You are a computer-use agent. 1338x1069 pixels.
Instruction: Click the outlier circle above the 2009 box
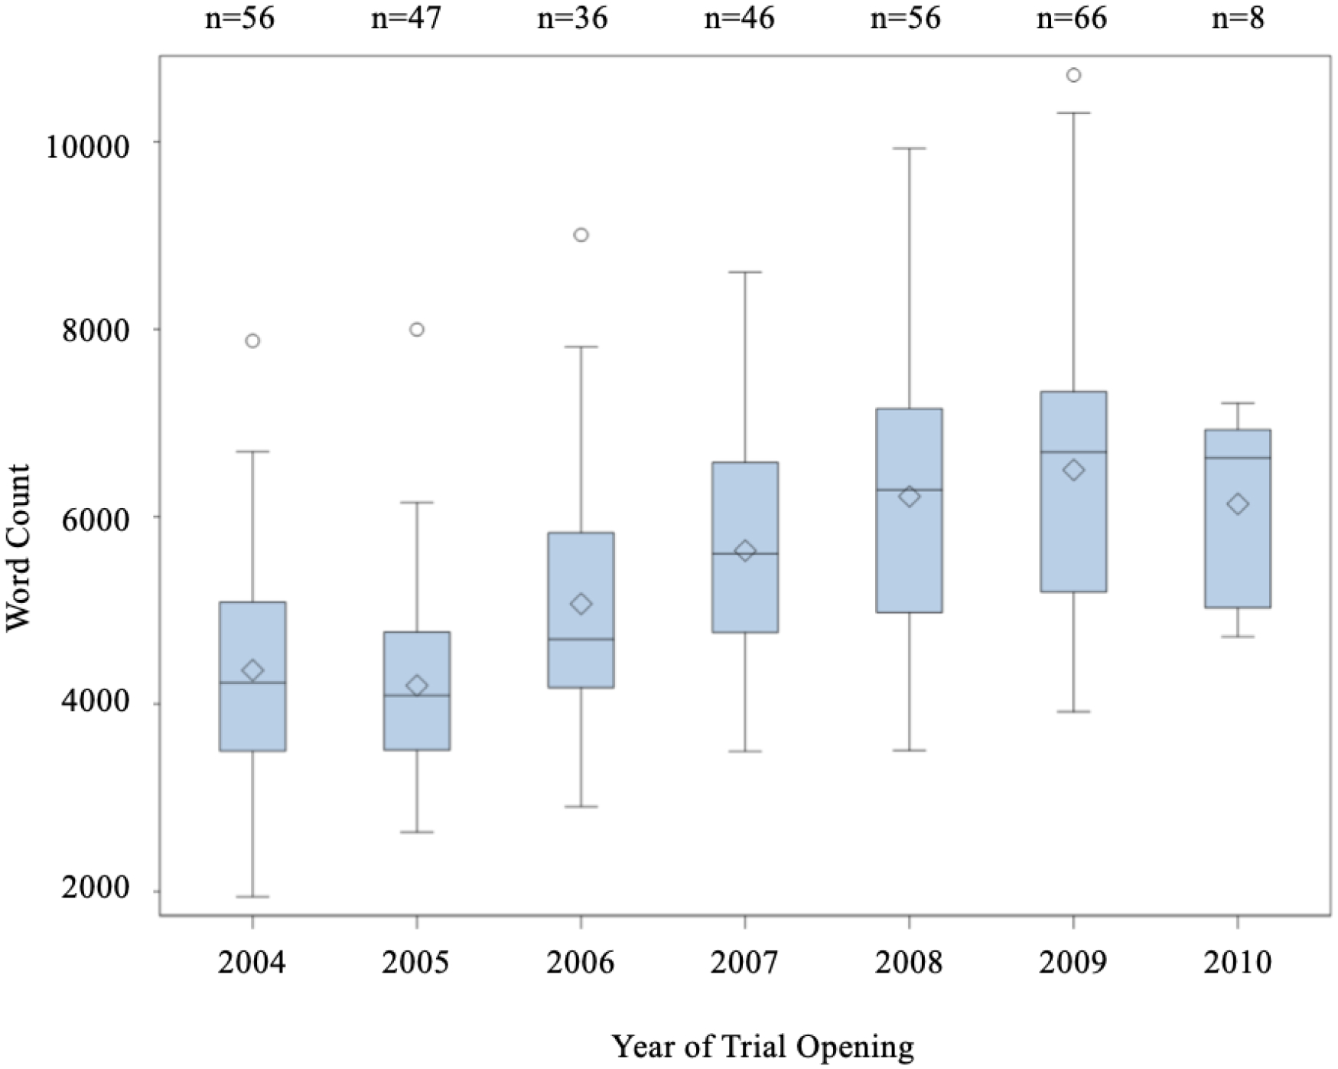[1073, 75]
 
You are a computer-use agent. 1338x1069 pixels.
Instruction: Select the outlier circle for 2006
[581, 235]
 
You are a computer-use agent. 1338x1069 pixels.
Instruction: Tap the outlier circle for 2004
[252, 341]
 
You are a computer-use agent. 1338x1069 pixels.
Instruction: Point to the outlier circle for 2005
[417, 330]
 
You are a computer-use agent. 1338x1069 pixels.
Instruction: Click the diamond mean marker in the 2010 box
[1238, 504]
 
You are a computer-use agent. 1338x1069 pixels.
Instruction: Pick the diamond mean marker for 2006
[581, 605]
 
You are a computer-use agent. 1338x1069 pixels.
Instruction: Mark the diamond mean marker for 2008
[910, 497]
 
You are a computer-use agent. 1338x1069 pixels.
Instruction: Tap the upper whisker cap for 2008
[910, 148]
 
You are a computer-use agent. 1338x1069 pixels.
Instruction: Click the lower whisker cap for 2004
[252, 896]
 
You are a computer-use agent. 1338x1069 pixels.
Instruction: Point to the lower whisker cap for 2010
[1238, 637]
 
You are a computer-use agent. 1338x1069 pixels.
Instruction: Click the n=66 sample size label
[1072, 18]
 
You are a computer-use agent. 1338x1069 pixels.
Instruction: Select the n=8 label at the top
[1238, 18]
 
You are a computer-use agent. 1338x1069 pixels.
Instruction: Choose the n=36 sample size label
[572, 18]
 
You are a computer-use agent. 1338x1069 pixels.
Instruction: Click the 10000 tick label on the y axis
[96, 145]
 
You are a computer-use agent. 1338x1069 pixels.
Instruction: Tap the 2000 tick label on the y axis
[106, 891]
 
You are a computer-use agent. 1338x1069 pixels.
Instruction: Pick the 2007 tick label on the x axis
[744, 962]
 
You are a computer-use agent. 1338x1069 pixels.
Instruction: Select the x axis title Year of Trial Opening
[763, 1046]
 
